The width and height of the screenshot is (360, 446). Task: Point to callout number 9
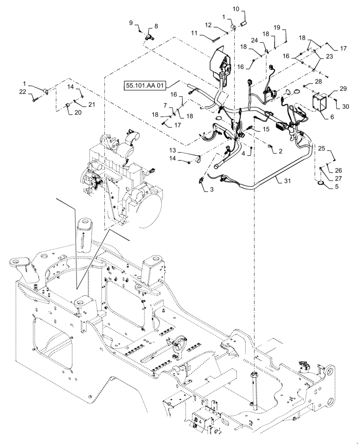coord(131,23)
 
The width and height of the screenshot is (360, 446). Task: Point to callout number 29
coord(343,90)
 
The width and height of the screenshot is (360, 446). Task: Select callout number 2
coord(280,151)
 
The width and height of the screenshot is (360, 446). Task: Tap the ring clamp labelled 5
coord(321,182)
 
